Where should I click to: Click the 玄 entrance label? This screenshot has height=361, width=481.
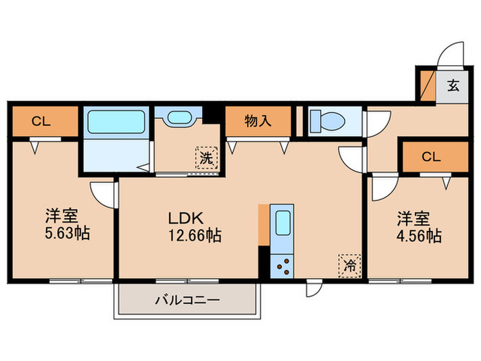(x=454, y=87)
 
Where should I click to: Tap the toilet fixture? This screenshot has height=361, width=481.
(x=327, y=122)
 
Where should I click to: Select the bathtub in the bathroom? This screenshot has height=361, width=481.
(x=115, y=122)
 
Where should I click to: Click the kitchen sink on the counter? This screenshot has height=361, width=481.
(x=283, y=224)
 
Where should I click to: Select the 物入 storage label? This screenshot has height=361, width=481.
(x=258, y=122)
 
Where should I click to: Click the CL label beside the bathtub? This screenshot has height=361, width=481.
(x=41, y=122)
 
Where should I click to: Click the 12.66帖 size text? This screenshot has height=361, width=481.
(x=195, y=236)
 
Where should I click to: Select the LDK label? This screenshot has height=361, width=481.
(x=186, y=218)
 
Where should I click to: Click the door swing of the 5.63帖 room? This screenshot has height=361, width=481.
(x=103, y=193)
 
